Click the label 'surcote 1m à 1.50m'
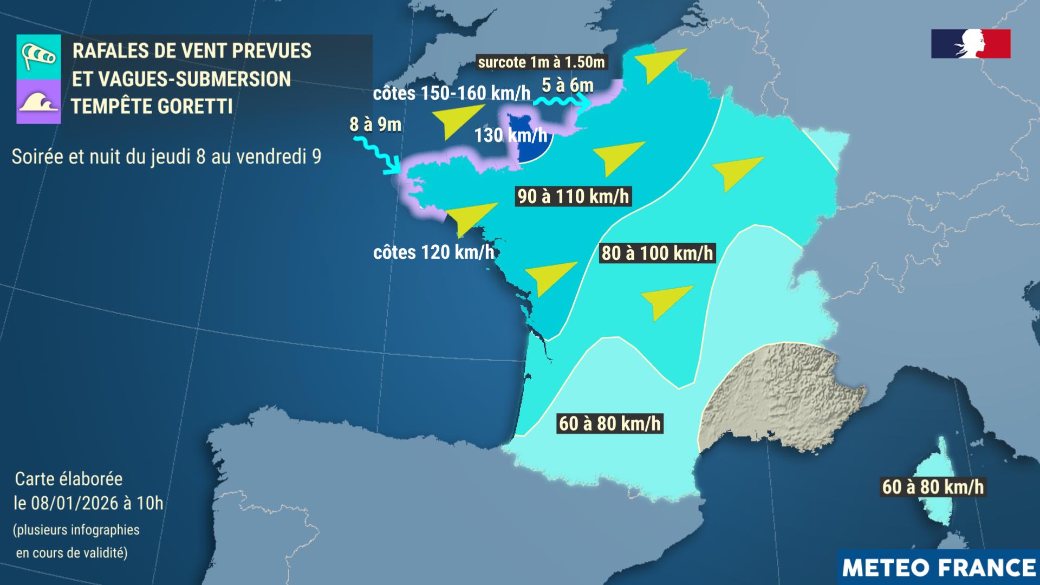click(541, 62)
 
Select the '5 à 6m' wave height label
click(568, 86)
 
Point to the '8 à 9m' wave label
click(375, 125)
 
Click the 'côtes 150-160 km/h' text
click(452, 93)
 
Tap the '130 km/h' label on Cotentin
click(510, 135)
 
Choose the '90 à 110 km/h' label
click(573, 196)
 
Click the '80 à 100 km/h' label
click(657, 253)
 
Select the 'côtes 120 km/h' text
click(434, 252)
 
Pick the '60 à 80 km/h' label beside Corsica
click(933, 486)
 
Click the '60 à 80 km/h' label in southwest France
click(610, 423)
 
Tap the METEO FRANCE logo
click(938, 567)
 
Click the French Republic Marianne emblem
click(971, 44)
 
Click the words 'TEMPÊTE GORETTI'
click(152, 106)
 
